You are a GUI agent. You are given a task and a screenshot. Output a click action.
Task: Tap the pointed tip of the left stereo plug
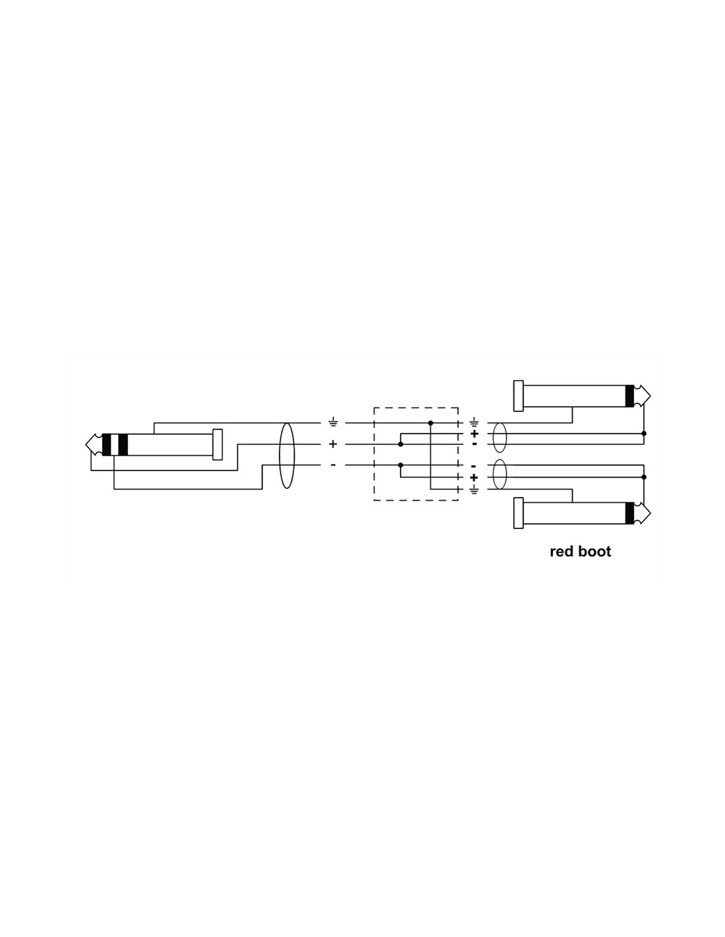tap(86, 443)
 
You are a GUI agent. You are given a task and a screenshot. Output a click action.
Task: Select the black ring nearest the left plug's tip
tap(107, 445)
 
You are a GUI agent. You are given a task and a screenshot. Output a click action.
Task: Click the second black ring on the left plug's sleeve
tap(123, 445)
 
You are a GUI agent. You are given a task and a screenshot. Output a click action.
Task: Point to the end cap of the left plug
tap(217, 445)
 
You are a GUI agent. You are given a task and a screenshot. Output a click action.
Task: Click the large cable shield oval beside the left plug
tap(287, 456)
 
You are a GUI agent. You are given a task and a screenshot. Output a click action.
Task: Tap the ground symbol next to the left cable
tap(333, 422)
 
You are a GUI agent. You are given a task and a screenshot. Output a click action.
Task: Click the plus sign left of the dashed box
tap(333, 443)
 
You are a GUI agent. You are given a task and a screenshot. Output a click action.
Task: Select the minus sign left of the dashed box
tap(333, 465)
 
